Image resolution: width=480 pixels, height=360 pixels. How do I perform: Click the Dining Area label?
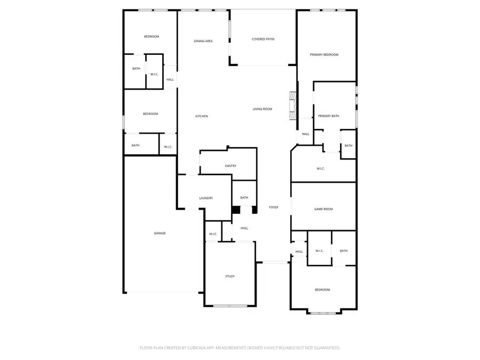click(203, 41)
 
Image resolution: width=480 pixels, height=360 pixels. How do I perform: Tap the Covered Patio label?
click(263, 39)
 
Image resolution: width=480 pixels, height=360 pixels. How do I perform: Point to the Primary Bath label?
click(329, 116)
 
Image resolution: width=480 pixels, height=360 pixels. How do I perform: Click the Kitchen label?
click(201, 116)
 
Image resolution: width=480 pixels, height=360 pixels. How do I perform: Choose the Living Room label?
click(262, 109)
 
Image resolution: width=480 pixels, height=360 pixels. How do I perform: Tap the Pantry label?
click(230, 166)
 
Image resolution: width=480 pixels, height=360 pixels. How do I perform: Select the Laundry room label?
click(206, 198)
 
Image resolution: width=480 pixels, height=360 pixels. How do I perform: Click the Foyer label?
click(273, 207)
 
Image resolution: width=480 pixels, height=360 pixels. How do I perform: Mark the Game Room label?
click(323, 209)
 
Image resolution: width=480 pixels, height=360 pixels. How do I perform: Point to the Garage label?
click(160, 233)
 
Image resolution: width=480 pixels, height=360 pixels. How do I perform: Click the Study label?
click(230, 276)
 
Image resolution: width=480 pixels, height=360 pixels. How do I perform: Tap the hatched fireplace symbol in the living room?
click(292, 106)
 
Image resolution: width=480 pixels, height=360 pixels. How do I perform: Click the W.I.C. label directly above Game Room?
click(321, 169)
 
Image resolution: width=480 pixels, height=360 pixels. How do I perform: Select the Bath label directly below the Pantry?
click(244, 197)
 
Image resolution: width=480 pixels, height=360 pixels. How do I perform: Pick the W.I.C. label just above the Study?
click(212, 234)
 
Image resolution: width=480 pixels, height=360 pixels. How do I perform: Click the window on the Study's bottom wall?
click(230, 306)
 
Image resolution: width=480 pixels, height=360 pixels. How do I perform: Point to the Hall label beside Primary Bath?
click(306, 134)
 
